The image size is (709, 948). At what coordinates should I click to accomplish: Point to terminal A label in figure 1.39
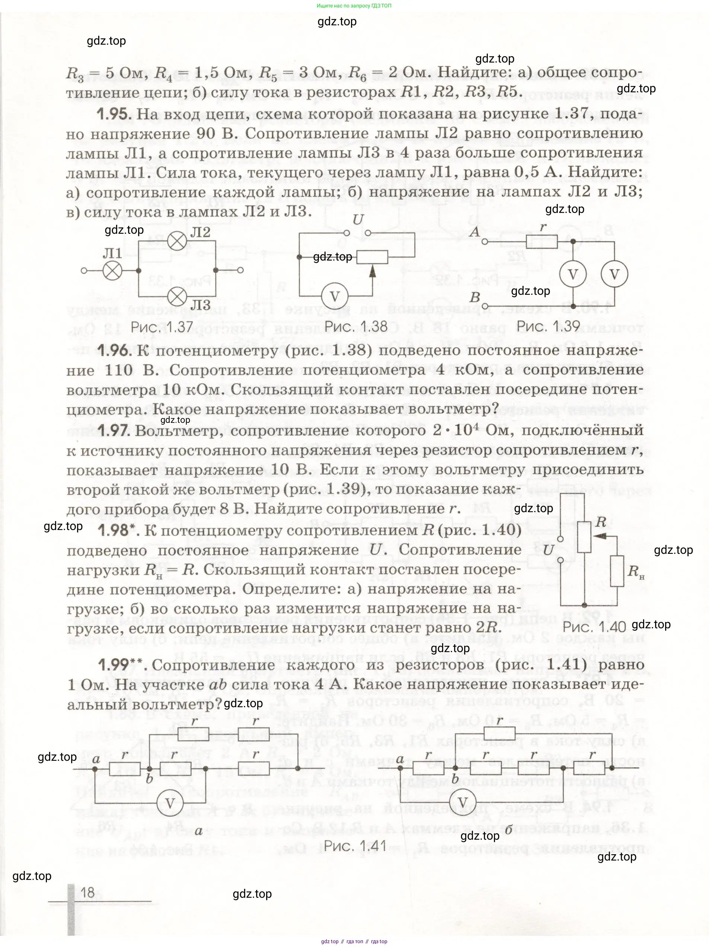click(475, 232)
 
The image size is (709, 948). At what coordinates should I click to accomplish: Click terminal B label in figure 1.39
click(475, 297)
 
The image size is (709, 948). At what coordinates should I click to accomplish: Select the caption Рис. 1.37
click(162, 328)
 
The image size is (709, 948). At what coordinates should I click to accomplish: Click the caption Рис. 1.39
click(548, 326)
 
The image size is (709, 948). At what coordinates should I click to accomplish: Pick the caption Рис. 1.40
click(594, 627)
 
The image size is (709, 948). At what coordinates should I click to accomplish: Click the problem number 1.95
click(113, 114)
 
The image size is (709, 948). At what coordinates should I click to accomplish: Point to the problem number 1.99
click(113, 665)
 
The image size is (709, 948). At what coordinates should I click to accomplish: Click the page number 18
click(87, 893)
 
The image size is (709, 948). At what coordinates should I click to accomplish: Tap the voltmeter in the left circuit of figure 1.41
click(170, 803)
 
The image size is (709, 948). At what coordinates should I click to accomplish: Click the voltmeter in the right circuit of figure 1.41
click(463, 803)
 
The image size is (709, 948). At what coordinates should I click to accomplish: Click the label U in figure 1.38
click(358, 220)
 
